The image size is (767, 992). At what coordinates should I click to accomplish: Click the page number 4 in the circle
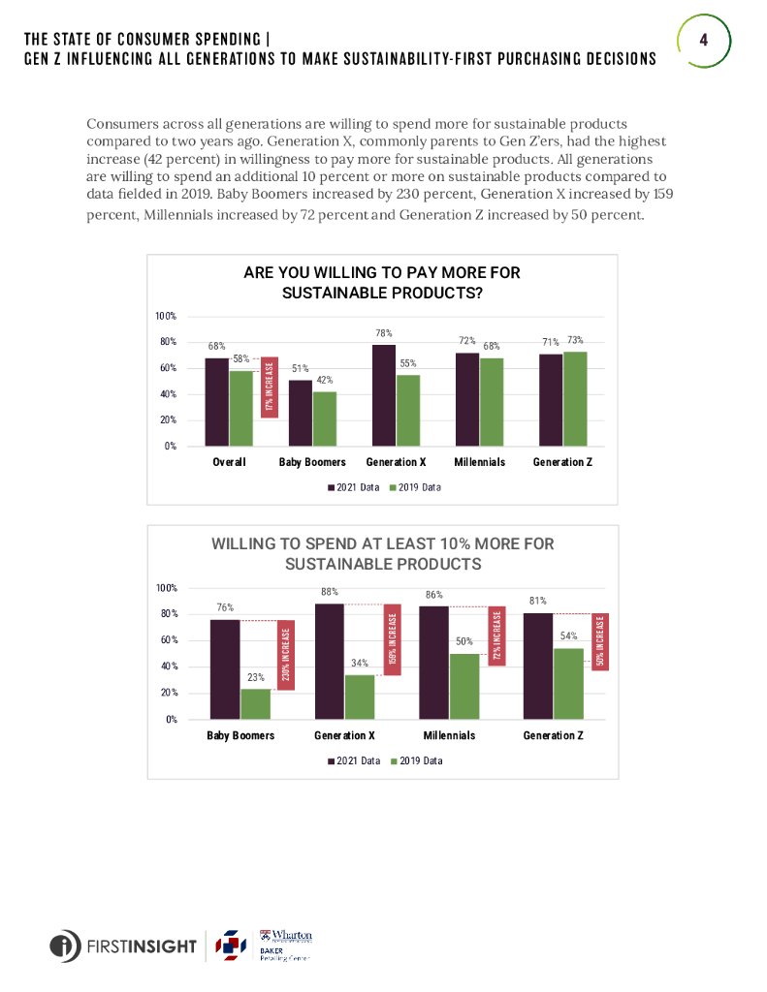(703, 40)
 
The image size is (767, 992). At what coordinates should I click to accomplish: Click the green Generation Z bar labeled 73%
(575, 398)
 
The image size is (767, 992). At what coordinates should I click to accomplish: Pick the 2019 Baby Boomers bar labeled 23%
(255, 703)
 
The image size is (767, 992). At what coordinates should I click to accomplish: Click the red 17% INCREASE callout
(271, 387)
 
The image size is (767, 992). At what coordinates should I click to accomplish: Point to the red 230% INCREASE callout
(285, 655)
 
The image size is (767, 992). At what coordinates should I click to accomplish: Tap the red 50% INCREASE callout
(600, 642)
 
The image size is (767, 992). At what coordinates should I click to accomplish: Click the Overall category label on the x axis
(229, 462)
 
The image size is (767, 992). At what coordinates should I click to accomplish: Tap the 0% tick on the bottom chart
(169, 719)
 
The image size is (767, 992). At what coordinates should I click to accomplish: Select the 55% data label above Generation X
(408, 364)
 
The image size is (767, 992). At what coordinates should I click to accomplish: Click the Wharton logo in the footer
(286, 937)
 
